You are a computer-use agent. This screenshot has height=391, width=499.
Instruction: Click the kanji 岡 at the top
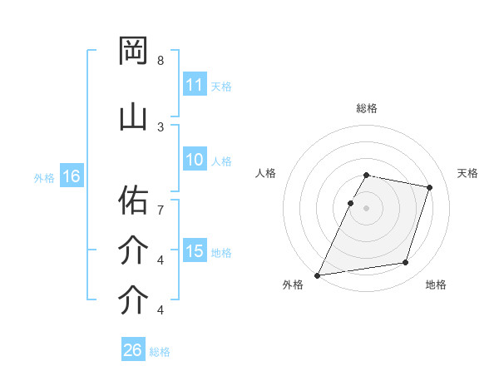(x=134, y=52)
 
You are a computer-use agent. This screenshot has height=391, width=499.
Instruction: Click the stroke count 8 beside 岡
(x=161, y=61)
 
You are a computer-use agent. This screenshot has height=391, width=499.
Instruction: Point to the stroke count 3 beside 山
(x=161, y=126)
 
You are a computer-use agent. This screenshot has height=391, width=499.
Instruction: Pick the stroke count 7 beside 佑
(x=161, y=201)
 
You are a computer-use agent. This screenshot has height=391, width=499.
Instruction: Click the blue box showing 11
(x=195, y=85)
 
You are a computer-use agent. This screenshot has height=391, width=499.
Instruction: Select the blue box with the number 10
(x=195, y=161)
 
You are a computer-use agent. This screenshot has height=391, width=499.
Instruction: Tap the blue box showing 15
(x=195, y=251)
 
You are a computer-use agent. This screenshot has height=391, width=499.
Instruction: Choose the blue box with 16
(x=71, y=176)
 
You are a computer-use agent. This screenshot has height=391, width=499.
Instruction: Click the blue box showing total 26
(x=132, y=350)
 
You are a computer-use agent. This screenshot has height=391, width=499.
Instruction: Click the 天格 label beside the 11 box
(x=221, y=86)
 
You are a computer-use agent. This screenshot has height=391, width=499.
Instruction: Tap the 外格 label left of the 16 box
(x=44, y=177)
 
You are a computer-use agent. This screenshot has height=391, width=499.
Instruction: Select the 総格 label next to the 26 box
(x=160, y=351)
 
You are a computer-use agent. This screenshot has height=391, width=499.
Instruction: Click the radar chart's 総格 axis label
(x=367, y=108)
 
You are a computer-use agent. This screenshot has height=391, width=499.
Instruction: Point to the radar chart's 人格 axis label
(x=266, y=173)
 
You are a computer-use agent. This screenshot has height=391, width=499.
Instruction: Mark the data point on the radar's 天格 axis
(x=430, y=187)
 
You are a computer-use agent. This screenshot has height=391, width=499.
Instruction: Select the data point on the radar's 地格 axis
(x=406, y=263)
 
